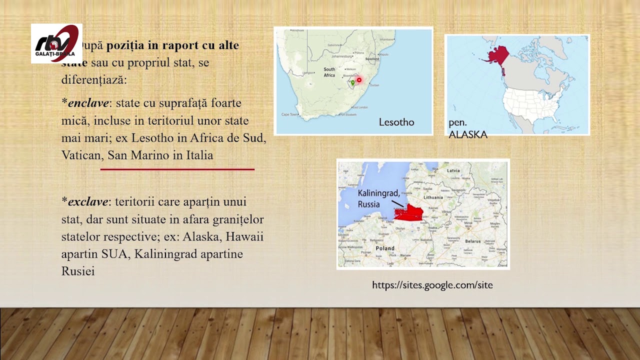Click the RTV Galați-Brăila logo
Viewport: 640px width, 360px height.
[56, 43]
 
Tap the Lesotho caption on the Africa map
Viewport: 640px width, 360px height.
[396, 122]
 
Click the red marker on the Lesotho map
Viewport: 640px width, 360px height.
[359, 80]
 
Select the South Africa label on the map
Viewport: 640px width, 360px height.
[329, 72]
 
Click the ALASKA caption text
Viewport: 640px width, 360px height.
[468, 134]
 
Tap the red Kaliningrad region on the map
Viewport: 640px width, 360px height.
[409, 213]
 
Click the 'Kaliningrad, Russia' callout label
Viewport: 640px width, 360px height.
[378, 198]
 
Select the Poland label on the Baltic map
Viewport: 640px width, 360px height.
[385, 248]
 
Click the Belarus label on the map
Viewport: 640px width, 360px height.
[472, 241]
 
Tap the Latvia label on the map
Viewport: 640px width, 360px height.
[453, 170]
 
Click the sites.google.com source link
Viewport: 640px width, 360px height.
[432, 285]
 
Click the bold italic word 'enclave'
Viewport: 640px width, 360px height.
[88, 103]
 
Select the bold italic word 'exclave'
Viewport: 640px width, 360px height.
[88, 202]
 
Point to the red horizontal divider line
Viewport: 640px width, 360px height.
[177, 169]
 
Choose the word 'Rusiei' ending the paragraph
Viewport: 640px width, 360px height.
[78, 271]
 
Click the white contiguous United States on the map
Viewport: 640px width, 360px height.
[530, 104]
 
